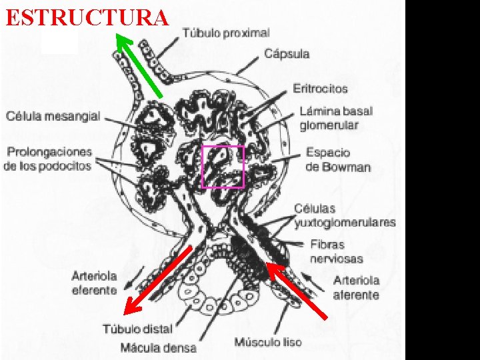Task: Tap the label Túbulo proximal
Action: click(x=226, y=32)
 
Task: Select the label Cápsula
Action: click(x=287, y=54)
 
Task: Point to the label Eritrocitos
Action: click(x=320, y=88)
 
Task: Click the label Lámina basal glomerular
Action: click(x=336, y=118)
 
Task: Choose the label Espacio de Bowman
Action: click(x=338, y=160)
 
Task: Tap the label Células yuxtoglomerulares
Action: click(x=345, y=215)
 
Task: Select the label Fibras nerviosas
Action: click(x=337, y=251)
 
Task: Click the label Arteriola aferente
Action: click(x=356, y=287)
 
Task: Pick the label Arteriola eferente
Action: click(x=95, y=283)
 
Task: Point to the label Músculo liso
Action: click(x=268, y=343)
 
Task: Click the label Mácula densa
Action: click(x=159, y=347)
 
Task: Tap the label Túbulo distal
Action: click(x=137, y=329)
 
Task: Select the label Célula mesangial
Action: click(x=53, y=116)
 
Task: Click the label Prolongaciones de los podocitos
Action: click(x=47, y=158)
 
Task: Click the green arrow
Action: click(x=139, y=65)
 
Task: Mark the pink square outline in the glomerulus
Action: click(x=223, y=167)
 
